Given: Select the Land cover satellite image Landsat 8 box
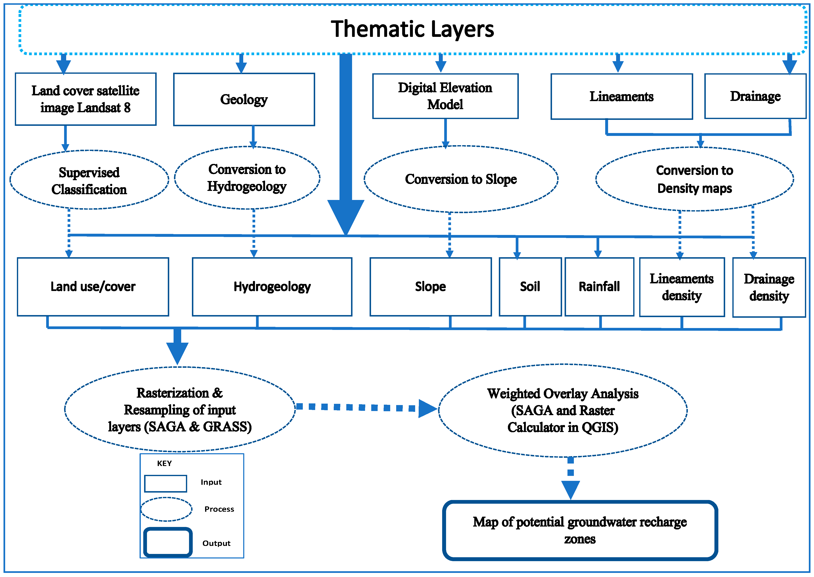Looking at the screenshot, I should point(85,99).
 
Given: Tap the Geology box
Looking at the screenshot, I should point(244,99).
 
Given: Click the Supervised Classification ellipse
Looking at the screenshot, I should point(89,180).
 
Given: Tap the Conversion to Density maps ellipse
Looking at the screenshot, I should point(694,179).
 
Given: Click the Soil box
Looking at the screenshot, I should point(530,286).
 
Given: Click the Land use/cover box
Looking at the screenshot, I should point(93,286).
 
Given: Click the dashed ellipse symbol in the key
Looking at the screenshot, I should point(166,509).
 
